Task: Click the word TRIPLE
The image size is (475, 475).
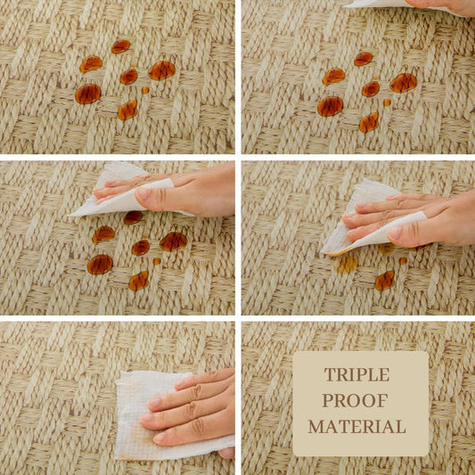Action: click(356, 374)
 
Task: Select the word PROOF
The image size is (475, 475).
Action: click(355, 400)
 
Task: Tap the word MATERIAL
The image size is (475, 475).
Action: click(356, 427)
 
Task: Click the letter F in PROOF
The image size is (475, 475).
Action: click(382, 400)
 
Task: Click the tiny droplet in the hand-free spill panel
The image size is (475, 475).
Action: click(146, 90)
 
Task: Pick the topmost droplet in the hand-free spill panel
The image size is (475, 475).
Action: click(120, 46)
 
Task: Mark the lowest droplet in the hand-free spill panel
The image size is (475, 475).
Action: click(127, 110)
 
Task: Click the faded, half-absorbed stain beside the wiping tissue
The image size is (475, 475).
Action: click(346, 264)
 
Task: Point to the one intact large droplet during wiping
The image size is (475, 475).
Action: click(385, 281)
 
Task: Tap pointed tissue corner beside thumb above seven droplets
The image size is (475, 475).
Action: click(70, 215)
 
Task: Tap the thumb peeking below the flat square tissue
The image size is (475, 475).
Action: click(226, 453)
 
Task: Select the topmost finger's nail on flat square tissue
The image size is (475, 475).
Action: click(180, 384)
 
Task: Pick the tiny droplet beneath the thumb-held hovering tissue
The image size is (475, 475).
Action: click(157, 261)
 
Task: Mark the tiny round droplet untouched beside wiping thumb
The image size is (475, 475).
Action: click(403, 260)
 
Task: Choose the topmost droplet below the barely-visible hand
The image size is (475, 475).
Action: click(364, 59)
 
